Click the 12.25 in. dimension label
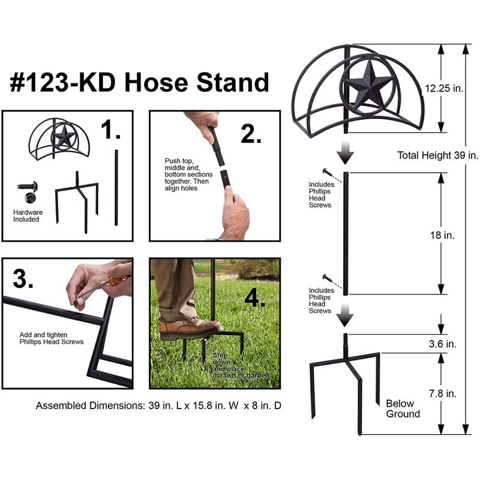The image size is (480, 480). [x=444, y=88]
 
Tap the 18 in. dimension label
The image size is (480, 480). [x=442, y=235]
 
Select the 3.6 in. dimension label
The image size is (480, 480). [x=443, y=344]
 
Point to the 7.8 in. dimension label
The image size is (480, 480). [x=443, y=394]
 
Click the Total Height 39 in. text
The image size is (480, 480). [x=438, y=155]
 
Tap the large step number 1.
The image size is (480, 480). [x=110, y=130]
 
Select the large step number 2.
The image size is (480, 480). [x=251, y=134]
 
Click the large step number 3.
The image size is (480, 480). [x=23, y=278]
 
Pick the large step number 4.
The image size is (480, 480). [x=254, y=298]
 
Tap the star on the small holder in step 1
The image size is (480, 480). [x=64, y=136]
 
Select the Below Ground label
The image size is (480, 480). [x=403, y=409]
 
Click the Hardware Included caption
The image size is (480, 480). [x=28, y=216]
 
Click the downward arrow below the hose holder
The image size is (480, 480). [x=346, y=153]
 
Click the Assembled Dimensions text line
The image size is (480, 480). [x=158, y=406]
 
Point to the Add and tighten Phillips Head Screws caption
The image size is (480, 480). [x=52, y=338]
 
